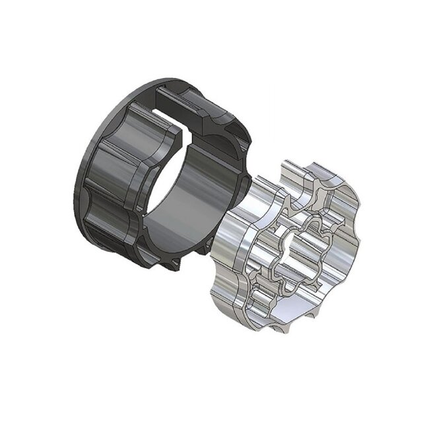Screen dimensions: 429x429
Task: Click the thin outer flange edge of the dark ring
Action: [x=82, y=198]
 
